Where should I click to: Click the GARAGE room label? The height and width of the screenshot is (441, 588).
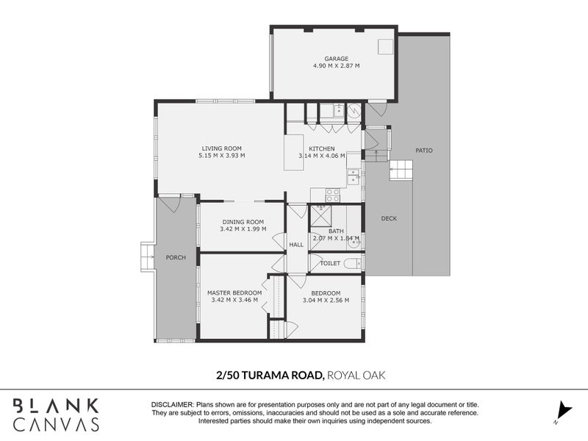(336, 58)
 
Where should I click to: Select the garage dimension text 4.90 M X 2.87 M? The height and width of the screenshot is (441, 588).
(336, 65)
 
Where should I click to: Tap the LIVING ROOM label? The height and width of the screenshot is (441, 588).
(221, 148)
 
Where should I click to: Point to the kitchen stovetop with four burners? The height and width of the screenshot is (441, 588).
(332, 195)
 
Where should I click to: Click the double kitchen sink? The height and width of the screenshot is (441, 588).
(354, 176)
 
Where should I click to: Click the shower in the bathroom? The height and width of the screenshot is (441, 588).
(321, 216)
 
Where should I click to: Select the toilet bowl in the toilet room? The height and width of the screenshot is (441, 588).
(352, 263)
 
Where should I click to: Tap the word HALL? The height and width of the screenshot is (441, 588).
(296, 245)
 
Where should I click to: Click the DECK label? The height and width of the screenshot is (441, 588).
(389, 218)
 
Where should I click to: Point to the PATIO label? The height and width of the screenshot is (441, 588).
(424, 151)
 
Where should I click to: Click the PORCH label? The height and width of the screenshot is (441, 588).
(176, 257)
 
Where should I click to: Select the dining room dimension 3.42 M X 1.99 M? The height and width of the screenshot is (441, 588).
(242, 229)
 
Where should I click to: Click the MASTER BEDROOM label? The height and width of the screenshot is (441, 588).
(234, 293)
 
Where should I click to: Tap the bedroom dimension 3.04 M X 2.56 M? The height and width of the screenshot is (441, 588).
(325, 300)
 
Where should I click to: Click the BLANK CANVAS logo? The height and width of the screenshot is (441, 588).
(56, 414)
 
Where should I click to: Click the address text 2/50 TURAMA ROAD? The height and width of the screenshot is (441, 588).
(270, 375)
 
